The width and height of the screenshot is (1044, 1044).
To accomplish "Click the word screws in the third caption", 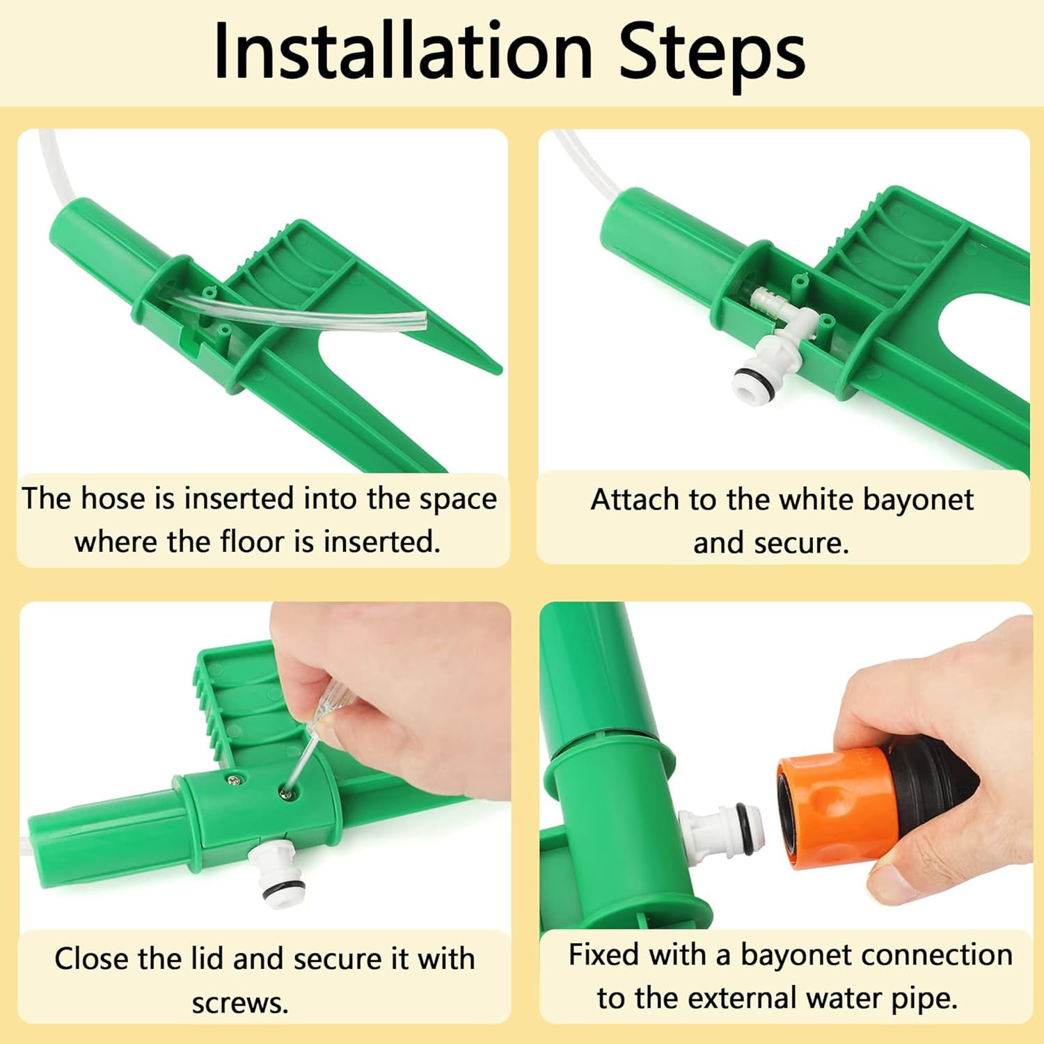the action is point(240,1003).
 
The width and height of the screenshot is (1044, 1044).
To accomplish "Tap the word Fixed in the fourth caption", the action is point(603,954).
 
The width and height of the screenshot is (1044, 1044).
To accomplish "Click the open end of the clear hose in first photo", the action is point(419,322).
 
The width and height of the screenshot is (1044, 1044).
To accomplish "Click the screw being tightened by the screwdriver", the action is point(285,789).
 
